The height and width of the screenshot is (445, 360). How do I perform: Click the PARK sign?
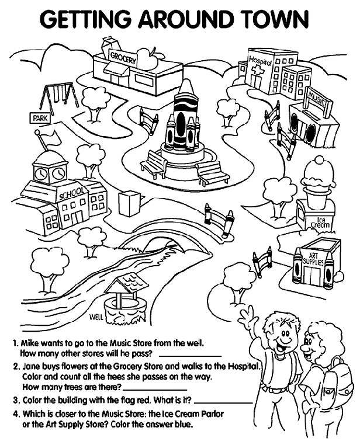(40, 119)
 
